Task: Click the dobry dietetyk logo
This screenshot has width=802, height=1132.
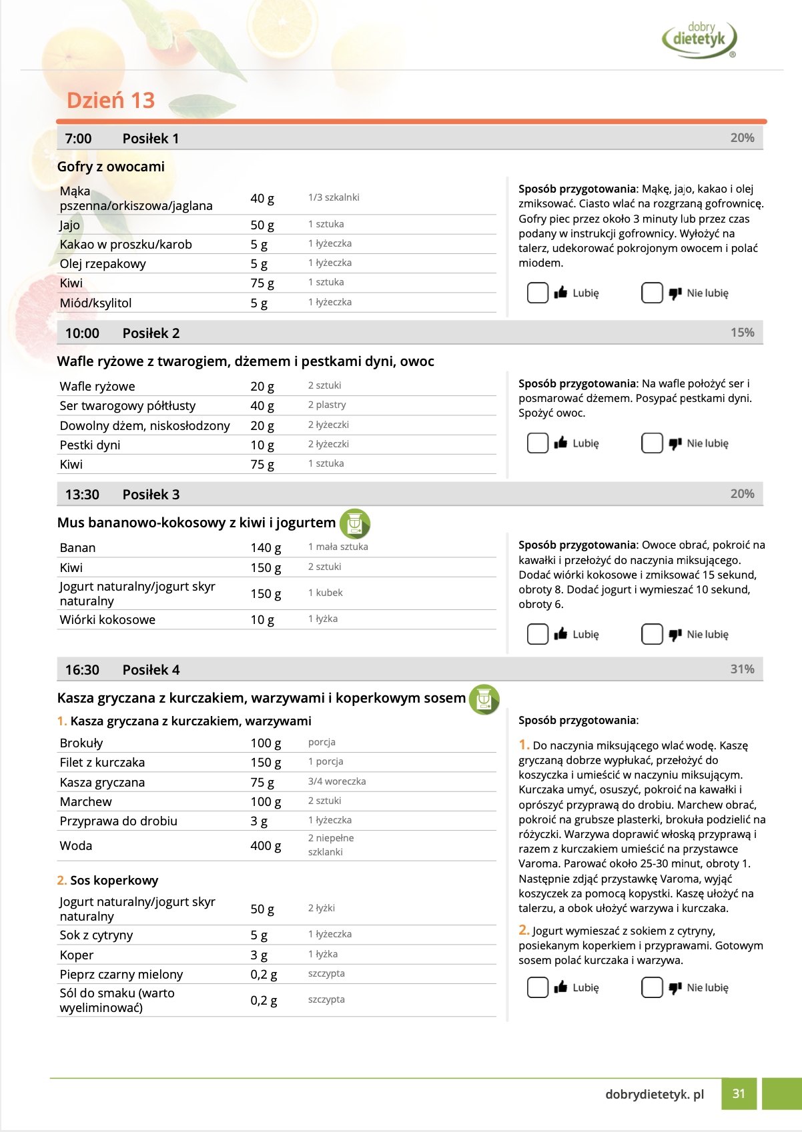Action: (699, 39)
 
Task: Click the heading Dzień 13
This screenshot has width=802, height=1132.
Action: (111, 100)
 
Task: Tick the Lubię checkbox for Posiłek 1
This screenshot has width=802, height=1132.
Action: (537, 293)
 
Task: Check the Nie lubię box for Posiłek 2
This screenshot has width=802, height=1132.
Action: (651, 443)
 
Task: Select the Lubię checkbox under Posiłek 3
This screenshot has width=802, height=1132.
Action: (537, 634)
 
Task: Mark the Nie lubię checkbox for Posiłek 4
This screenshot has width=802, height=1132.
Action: (651, 987)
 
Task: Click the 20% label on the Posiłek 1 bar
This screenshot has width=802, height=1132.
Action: (742, 138)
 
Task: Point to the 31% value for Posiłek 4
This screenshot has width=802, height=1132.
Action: (742, 669)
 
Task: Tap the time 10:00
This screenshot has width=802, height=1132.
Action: (82, 333)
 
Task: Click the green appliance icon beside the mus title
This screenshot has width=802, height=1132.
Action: (355, 523)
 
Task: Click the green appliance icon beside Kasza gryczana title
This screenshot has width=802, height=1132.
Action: (484, 699)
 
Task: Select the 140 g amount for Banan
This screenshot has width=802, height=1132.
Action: (266, 548)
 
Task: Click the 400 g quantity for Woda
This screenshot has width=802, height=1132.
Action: (266, 846)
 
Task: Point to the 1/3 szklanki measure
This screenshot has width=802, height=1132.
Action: (334, 197)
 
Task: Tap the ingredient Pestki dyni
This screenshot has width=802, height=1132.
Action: (90, 445)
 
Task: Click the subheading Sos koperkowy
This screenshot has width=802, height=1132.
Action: (114, 881)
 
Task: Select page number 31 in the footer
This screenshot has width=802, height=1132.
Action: (739, 1093)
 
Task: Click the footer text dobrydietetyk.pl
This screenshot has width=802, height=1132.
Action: (655, 1094)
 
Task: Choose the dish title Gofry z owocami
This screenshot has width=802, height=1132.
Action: (111, 167)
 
